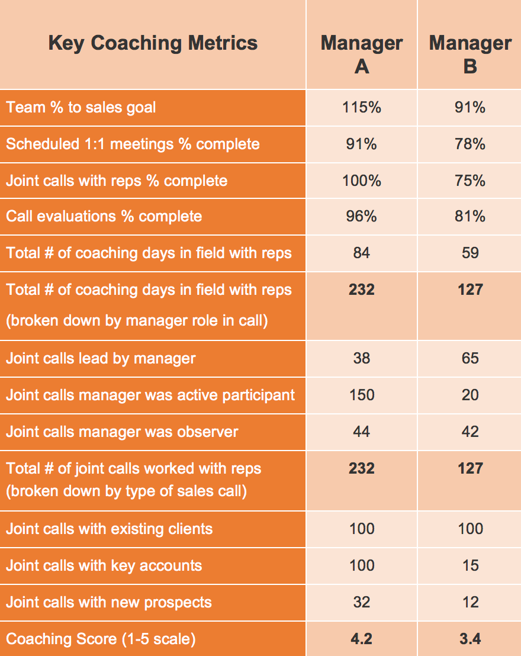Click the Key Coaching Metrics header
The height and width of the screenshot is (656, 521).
tap(153, 43)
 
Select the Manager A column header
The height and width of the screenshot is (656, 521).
tap(362, 54)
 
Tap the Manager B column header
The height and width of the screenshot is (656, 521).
tap(470, 54)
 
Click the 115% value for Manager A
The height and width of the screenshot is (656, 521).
tap(362, 107)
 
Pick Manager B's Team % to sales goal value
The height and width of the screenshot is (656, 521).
tap(470, 107)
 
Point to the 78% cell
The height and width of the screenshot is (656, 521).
tap(470, 144)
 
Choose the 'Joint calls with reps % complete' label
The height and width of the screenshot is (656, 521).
tap(117, 181)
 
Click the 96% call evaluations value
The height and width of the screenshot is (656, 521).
tap(362, 216)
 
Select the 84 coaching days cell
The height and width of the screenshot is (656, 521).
tap(362, 253)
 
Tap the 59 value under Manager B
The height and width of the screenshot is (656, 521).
tap(470, 253)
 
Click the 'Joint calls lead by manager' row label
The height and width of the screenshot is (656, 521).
tap(101, 358)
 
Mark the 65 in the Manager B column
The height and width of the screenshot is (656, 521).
tap(470, 358)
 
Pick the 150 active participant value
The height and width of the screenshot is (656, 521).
tap(362, 395)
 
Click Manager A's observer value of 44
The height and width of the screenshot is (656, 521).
tap(362, 432)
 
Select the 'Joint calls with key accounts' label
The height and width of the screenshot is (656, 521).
tap(104, 565)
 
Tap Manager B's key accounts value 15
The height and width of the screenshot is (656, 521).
tap(470, 565)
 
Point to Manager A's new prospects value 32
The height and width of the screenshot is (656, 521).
tap(362, 602)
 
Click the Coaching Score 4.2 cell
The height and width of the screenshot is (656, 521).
tap(362, 639)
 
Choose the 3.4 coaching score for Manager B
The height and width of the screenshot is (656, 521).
tap(470, 639)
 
